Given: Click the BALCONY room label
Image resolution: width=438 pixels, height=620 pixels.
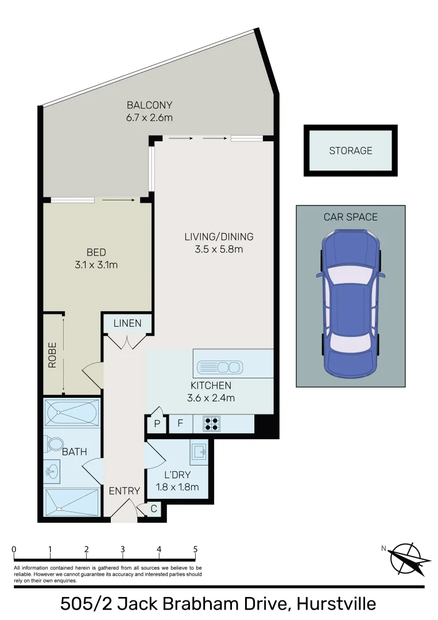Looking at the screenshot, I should pyautogui.click(x=149, y=106).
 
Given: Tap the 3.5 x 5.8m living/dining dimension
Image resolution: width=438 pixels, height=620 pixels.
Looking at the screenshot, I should pyautogui.click(x=218, y=249).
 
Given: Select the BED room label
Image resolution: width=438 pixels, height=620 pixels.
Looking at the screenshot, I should pyautogui.click(x=96, y=252).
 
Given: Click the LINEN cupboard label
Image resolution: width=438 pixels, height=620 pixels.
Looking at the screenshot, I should pyautogui.click(x=127, y=324).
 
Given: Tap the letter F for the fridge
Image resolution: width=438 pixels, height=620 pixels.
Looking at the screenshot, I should pyautogui.click(x=180, y=424).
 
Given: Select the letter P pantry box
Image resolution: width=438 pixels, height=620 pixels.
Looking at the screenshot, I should pyautogui.click(x=156, y=425).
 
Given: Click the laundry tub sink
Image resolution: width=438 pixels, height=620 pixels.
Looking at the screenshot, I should pyautogui.click(x=199, y=452).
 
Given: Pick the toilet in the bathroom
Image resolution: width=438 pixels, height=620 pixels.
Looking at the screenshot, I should pyautogui.click(x=55, y=444).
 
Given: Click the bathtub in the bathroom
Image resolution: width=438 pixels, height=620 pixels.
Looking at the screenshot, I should pyautogui.click(x=72, y=412).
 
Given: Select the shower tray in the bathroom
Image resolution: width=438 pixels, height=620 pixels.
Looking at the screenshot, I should pyautogui.click(x=72, y=502).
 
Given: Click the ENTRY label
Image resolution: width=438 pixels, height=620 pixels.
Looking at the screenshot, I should pyautogui.click(x=124, y=491).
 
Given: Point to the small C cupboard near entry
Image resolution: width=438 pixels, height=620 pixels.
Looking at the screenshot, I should pyautogui.click(x=154, y=509).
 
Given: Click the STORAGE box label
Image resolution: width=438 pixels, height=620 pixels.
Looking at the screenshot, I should pyautogui.click(x=350, y=151).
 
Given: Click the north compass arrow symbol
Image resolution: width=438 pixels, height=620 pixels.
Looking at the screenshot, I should pyautogui.click(x=409, y=559).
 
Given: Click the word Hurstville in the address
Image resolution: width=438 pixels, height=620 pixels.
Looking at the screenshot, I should pyautogui.click(x=336, y=604).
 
